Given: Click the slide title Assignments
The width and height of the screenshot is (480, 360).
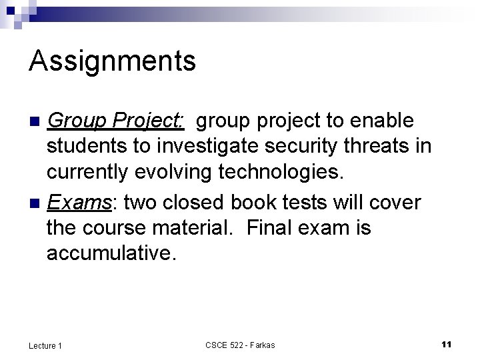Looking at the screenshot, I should click(112, 61).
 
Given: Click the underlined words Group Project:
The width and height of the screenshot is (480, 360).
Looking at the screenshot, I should click(115, 121).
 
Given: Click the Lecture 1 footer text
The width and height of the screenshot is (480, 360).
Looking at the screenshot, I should click(45, 345).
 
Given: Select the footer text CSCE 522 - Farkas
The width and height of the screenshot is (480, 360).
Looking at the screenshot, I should click(240, 345).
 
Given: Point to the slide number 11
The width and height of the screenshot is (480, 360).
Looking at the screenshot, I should click(447, 344).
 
